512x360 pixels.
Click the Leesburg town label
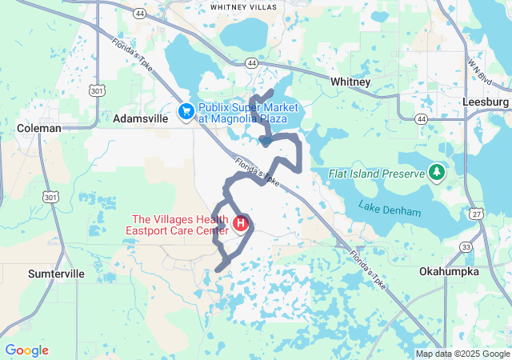tap(486, 102)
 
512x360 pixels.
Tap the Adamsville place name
tap(140, 118)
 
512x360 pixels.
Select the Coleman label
tap(39, 128)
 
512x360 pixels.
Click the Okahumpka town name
tap(449, 271)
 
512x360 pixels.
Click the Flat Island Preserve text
tap(375, 174)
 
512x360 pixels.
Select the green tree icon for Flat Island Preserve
tap(437, 172)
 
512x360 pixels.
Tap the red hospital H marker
tap(239, 222)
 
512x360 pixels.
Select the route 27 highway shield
tap(478, 214)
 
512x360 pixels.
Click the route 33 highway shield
tap(466, 247)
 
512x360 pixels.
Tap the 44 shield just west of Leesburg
tap(421, 118)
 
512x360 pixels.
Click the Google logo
tap(26, 350)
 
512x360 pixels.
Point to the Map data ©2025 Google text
tap(462, 354)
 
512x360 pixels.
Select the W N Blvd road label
tap(482, 69)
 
